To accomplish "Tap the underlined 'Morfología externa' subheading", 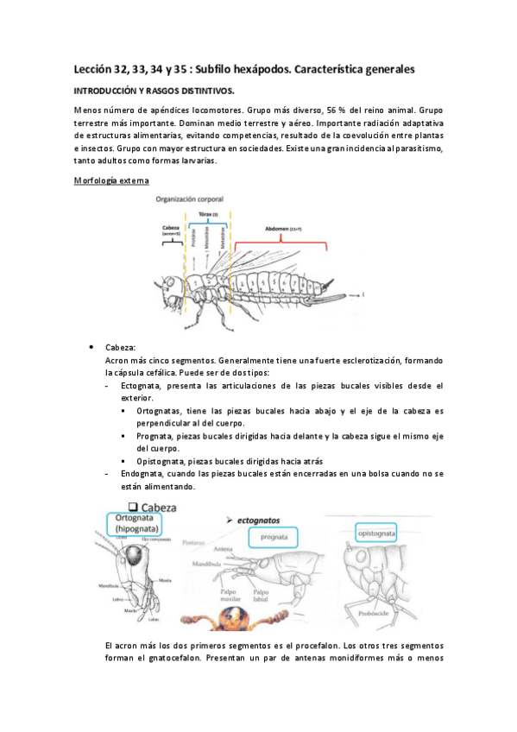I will (x=110, y=180).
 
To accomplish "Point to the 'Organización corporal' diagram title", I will (x=191, y=199).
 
